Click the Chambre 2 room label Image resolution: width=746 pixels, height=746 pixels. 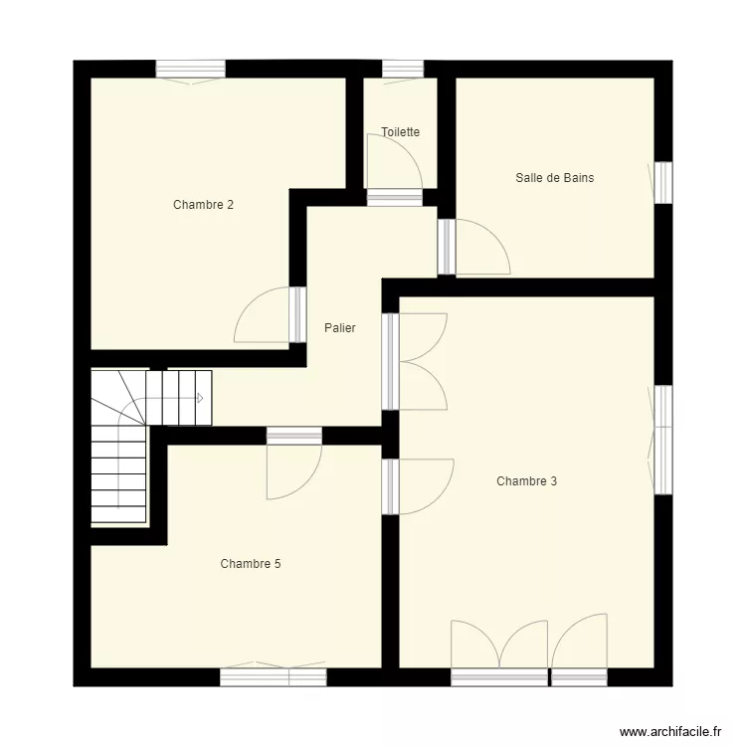[x=203, y=205]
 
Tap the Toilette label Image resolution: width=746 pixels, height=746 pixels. [x=400, y=131]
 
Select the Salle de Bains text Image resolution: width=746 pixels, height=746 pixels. [x=555, y=178]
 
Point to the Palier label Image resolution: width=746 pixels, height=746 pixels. [x=340, y=328]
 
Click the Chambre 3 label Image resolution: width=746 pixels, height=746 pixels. [x=526, y=481]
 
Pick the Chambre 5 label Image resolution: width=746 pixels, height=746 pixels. [x=251, y=564]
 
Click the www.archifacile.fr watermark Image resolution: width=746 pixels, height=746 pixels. [x=670, y=731]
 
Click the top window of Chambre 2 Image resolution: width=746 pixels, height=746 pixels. [x=190, y=69]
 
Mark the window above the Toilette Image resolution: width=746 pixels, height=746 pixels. [x=403, y=69]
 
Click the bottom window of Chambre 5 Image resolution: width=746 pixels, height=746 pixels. [x=274, y=676]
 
